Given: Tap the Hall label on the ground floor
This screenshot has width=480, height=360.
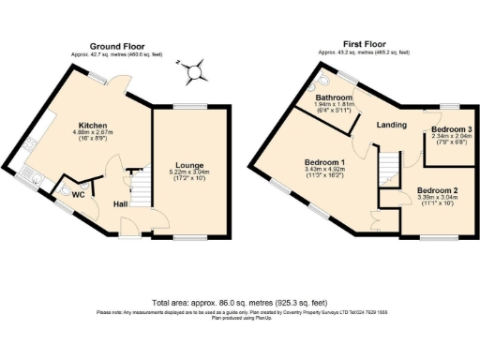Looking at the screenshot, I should [122, 203].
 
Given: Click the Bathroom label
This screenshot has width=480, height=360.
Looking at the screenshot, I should [334, 97].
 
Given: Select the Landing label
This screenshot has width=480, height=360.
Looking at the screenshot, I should [391, 124].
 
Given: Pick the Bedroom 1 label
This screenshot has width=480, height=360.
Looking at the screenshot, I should [324, 161].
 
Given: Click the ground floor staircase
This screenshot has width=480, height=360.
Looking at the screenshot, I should [139, 183].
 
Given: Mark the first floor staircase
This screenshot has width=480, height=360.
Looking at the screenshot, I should [386, 169].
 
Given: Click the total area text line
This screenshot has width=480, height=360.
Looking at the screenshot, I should [239, 303].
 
